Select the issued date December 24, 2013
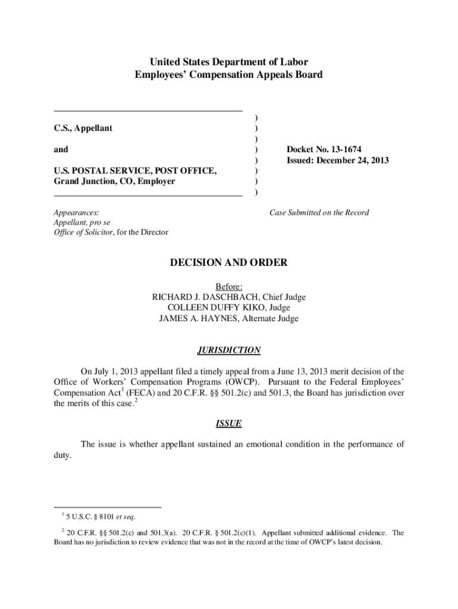[351, 160]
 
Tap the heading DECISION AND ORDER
[228, 262]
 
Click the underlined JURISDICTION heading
[228, 350]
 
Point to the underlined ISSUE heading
[228, 423]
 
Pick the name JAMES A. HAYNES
[197, 318]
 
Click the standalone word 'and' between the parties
[61, 149]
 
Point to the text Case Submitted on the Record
[319, 212]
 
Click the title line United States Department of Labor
[228, 62]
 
